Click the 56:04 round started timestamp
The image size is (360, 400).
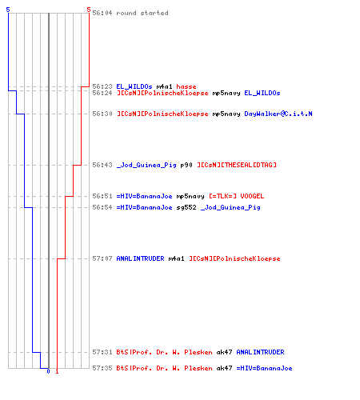tap(102, 13)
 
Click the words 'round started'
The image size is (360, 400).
tap(142, 13)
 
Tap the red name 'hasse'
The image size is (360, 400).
tap(186, 86)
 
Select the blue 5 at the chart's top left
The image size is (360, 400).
tap(8, 10)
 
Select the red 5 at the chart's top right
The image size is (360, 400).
tap(89, 10)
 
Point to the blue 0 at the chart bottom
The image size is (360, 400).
tap(48, 371)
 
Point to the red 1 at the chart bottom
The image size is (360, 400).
tap(57, 371)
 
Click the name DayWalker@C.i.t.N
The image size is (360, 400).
tap(278, 114)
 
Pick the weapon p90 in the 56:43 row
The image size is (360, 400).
tap(186, 165)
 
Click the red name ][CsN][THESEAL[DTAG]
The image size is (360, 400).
tap(237, 165)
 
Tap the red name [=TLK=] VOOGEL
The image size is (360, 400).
tap(236, 196)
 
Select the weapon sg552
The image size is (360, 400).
tap(186, 207)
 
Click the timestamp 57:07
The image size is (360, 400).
tap(102, 258)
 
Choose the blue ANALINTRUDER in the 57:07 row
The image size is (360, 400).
tap(140, 258)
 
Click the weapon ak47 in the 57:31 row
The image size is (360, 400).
tap(224, 352)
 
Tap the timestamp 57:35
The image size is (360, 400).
tap(102, 368)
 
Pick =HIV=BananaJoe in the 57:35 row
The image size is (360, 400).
tap(264, 368)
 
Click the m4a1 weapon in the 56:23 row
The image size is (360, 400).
tap(164, 86)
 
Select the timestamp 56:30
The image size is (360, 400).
tap(102, 114)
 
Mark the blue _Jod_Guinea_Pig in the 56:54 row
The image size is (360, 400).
tap(230, 207)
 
